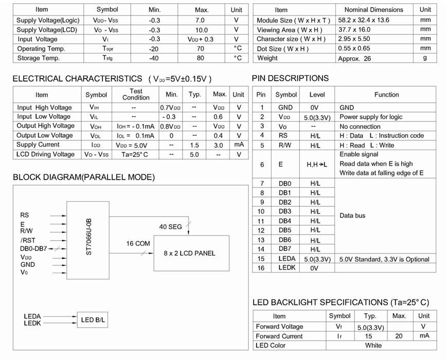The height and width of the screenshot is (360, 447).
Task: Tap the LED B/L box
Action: tap(93, 320)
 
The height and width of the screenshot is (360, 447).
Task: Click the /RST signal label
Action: tap(28, 240)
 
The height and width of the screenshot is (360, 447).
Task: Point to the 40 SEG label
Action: tap(171, 226)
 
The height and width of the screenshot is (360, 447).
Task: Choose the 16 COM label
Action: tap(138, 243)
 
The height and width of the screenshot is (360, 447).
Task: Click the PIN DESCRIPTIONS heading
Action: tap(290, 78)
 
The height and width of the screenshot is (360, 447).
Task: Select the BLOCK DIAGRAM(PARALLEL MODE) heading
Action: tap(83, 177)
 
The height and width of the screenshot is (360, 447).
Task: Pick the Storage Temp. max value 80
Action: tap(201, 58)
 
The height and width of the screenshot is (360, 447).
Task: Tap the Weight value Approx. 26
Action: tap(354, 59)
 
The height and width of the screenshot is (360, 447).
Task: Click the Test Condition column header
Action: tap(136, 94)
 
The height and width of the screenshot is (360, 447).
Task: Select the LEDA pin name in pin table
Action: tap(287, 259)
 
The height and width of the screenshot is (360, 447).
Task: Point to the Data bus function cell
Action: tap(352, 215)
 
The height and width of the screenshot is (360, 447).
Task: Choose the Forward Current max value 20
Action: tap(399, 336)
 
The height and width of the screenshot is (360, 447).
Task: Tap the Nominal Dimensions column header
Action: tap(373, 10)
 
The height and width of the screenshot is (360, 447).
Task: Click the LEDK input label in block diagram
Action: tap(32, 323)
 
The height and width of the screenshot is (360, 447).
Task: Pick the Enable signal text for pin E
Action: tap(359, 154)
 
